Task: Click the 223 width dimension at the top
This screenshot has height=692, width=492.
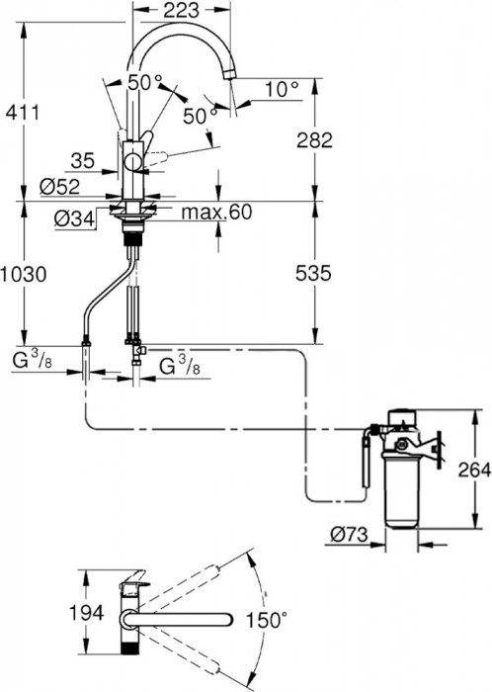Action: coord(181,11)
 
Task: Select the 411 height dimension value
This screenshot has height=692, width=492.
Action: coord(22,113)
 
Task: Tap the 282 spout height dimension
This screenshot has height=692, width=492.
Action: coord(314,140)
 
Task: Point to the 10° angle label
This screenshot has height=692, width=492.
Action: coord(282,90)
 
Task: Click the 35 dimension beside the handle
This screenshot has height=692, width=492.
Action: coord(83,161)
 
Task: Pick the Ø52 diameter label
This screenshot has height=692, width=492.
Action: coord(59,187)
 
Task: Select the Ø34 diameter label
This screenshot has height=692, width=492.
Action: coord(74,217)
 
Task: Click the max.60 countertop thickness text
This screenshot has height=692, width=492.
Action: coord(217,213)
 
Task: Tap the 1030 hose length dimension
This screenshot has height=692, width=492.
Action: coord(23,275)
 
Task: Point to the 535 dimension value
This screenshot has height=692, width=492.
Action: coord(313,274)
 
